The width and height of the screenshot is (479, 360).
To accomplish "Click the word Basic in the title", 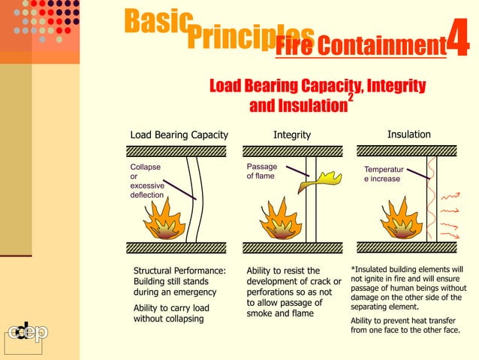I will [155, 23].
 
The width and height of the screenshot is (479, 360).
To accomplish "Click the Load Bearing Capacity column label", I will [179, 135].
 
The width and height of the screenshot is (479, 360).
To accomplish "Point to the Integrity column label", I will [292, 135].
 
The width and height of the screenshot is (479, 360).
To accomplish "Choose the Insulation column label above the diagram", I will [409, 134].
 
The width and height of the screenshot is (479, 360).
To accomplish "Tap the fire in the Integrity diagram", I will [279, 219].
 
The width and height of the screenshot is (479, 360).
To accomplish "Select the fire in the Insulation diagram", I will [402, 220].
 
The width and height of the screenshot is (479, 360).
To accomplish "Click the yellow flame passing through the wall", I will [318, 180].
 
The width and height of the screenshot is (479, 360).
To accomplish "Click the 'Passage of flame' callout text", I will [261, 171].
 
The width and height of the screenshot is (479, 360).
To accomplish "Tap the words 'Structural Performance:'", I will [179, 271].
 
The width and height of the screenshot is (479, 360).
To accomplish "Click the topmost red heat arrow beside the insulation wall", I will [450, 197].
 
